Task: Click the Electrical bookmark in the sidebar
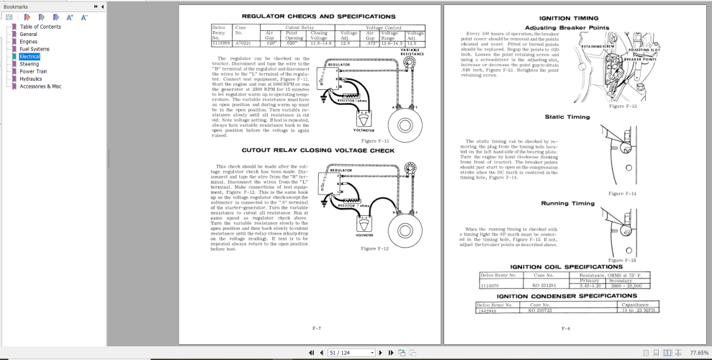30,56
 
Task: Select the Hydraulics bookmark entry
32,78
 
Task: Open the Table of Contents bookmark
40,26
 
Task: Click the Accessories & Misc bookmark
40,86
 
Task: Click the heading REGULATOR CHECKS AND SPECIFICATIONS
308,16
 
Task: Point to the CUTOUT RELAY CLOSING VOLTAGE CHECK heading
308,150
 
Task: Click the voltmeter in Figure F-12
364,227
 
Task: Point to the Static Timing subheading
567,116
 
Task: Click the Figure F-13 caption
622,107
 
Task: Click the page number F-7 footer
316,328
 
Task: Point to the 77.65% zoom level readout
698,353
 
